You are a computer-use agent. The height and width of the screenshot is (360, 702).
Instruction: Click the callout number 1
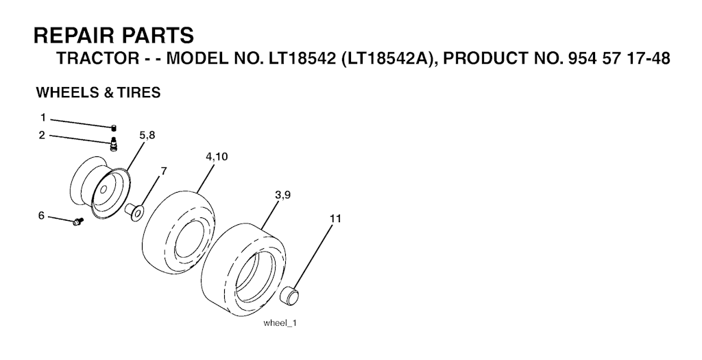coord(43,118)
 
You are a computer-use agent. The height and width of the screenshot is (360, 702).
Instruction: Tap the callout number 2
coord(42,135)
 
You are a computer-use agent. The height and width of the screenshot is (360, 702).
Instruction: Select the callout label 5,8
coord(147,134)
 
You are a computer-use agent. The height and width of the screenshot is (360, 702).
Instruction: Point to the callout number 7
coord(163,171)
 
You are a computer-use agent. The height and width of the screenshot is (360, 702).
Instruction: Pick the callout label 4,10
coord(217,157)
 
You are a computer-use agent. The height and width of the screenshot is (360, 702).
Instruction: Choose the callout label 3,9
coord(283,195)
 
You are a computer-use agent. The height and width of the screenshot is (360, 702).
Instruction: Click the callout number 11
coord(335,219)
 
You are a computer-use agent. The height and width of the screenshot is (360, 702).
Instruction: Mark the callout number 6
coord(41,216)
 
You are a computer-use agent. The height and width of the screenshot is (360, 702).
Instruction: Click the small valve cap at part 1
coord(114,128)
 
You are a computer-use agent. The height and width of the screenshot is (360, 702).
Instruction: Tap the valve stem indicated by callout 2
coord(114,144)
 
